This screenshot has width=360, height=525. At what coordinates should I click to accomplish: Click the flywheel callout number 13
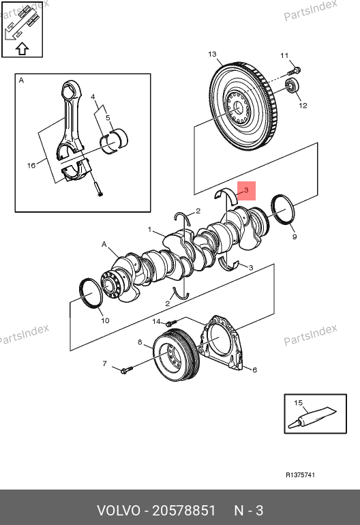click(x=212, y=54)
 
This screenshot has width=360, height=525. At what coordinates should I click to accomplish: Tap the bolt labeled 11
click(x=295, y=71)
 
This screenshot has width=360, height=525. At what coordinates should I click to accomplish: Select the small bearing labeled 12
click(x=292, y=86)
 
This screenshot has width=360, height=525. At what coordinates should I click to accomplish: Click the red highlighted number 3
click(x=246, y=190)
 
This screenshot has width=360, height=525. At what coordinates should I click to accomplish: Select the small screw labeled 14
click(x=170, y=323)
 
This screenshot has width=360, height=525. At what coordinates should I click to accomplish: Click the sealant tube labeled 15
click(x=312, y=417)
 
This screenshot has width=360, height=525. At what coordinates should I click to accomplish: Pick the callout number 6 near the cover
click(x=254, y=370)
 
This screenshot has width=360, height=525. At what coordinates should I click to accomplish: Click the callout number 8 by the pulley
click(x=140, y=342)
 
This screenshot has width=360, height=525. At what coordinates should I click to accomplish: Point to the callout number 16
click(x=31, y=166)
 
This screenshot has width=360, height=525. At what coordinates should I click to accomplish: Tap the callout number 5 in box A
click(x=108, y=117)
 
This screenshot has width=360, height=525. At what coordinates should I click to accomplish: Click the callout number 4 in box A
click(x=93, y=97)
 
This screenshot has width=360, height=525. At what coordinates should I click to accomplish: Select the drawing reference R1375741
click(x=301, y=475)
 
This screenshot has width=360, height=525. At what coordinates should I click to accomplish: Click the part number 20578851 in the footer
click(x=184, y=511)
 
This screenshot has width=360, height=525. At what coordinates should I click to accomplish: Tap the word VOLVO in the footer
click(x=119, y=511)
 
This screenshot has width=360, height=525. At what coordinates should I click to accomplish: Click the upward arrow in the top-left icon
click(x=22, y=48)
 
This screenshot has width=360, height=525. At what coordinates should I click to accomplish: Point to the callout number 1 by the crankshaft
click(x=150, y=230)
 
